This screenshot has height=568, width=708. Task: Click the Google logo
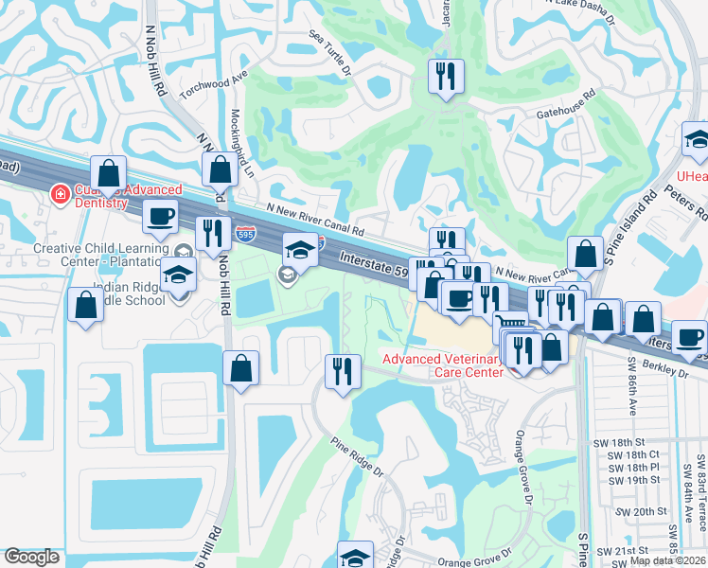click(32, 558)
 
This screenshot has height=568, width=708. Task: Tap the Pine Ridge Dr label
click(357, 456)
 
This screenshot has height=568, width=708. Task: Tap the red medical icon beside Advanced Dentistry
click(59, 193)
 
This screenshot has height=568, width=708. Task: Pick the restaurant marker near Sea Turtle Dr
click(446, 76)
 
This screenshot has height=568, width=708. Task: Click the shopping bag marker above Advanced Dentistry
click(109, 172)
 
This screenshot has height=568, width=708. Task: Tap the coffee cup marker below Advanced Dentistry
click(159, 215)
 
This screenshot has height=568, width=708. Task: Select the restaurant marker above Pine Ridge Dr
click(342, 369)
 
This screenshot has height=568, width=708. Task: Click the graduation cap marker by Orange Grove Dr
click(355, 556)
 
